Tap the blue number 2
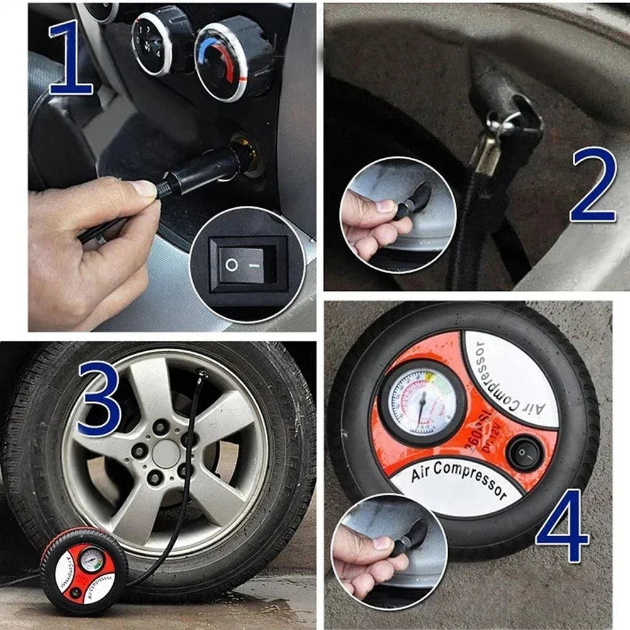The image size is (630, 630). (x=593, y=186)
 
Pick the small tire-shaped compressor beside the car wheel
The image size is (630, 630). (x=84, y=570)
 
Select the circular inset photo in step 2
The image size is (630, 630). (x=397, y=214)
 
